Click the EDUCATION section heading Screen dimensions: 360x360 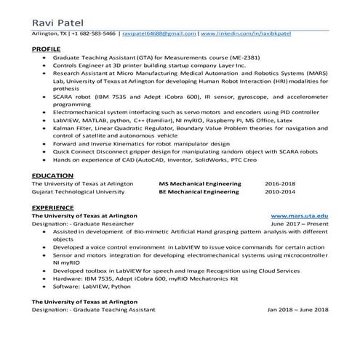pyautogui.click(x=52, y=177)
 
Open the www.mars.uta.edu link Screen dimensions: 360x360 pyautogui.click(x=299, y=217)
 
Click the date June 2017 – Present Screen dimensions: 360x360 pyautogui.click(x=299, y=224)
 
